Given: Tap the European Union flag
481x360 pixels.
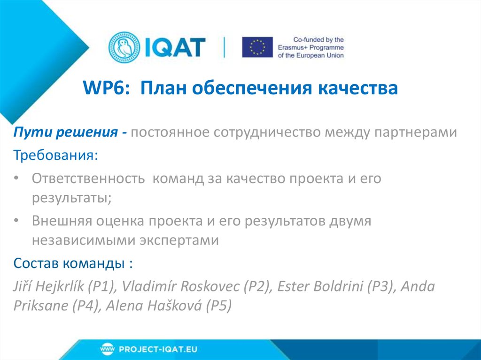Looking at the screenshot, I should click(257, 47).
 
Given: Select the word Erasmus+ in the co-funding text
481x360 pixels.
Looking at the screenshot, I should click(303, 47).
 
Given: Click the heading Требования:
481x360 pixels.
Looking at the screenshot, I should click(56, 155).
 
